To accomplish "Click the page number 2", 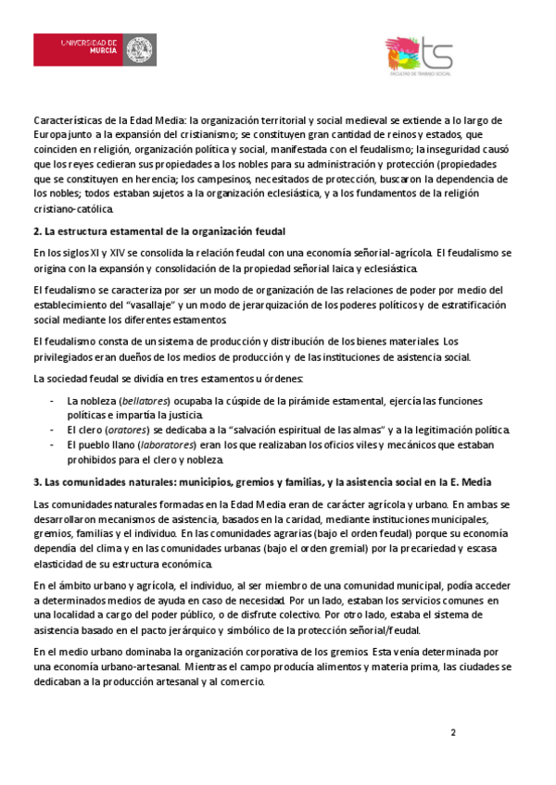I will (x=453, y=733).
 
